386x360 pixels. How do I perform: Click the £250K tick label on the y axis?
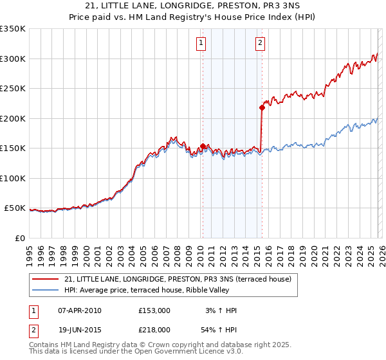[13, 89]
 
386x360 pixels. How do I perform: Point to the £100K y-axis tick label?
[13, 179]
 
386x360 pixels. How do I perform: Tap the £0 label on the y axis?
[19, 239]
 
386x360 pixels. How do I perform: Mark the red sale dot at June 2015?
[262, 108]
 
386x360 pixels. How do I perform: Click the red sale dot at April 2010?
[203, 147]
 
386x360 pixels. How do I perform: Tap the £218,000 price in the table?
[154, 330]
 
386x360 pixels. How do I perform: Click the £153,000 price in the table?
[154, 310]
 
